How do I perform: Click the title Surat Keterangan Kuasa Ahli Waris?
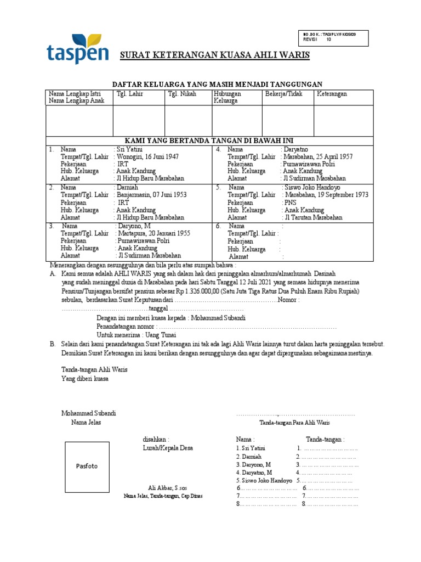tap(215, 55)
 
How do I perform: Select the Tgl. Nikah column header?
tap(181, 94)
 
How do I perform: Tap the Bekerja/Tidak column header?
tap(284, 94)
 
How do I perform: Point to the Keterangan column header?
tap(332, 94)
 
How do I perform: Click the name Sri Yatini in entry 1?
tap(130, 149)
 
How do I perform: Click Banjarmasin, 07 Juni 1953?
tap(152, 195)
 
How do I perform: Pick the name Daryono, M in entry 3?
tap(133, 226)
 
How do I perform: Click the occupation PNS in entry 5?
tap(289, 203)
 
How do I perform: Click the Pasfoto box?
tap(87, 466)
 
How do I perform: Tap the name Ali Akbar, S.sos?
tap(164, 488)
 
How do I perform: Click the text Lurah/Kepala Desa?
tap(167, 448)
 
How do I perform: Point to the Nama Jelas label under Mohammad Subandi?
tap(86, 422)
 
